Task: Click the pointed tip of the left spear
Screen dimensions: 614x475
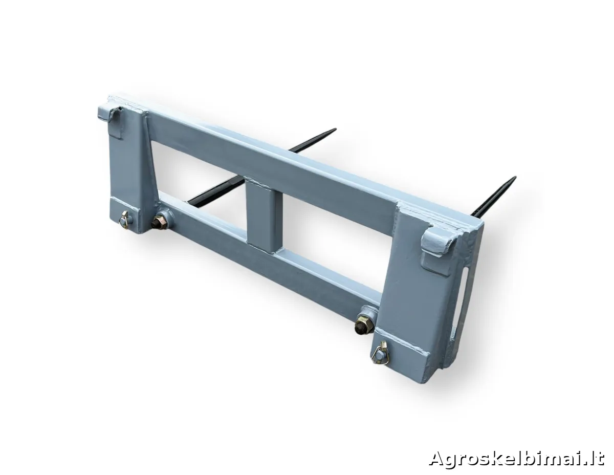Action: click(335, 129)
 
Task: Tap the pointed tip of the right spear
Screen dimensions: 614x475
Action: click(515, 178)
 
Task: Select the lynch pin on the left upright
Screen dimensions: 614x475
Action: click(124, 217)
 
